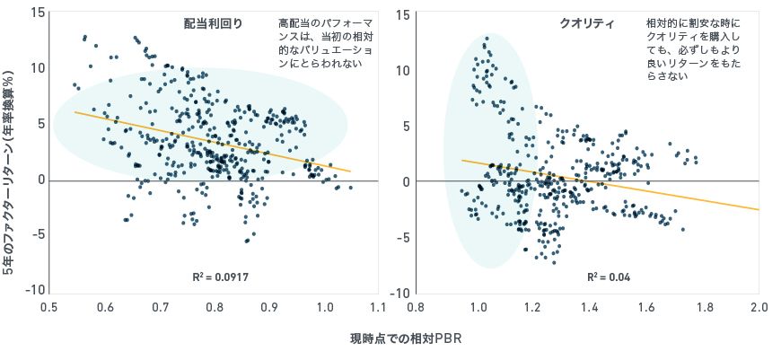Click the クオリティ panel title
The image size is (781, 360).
click(585, 23)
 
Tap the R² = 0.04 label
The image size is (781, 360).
click(609, 277)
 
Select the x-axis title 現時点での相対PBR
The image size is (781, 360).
click(405, 340)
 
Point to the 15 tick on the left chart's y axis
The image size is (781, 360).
click(36, 13)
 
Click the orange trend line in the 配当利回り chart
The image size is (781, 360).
click(212, 141)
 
